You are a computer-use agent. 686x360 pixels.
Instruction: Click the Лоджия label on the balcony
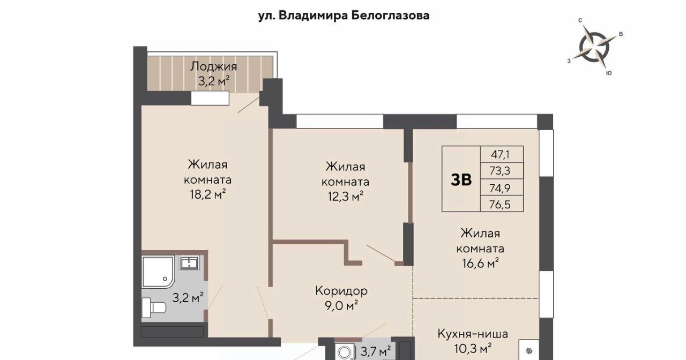click(x=213, y=66)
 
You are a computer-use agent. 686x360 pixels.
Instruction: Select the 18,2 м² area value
click(x=208, y=194)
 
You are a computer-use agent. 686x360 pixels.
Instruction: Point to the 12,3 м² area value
click(x=346, y=196)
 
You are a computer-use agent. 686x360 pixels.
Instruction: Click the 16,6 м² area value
click(x=481, y=263)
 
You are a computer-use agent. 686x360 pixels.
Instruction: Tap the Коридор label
click(x=341, y=291)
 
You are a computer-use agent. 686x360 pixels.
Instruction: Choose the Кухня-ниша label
click(x=473, y=334)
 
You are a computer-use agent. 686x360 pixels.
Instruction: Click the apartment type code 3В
click(x=461, y=179)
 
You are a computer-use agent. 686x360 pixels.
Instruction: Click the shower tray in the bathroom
click(x=158, y=272)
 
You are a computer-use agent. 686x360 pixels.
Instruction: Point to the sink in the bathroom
click(x=189, y=262)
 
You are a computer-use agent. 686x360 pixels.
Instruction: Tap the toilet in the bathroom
click(x=154, y=308)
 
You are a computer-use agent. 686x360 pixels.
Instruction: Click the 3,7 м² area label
click(x=376, y=351)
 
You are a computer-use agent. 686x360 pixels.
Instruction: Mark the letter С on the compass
click(x=580, y=20)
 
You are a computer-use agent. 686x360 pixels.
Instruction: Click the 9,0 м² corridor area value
click(x=341, y=305)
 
